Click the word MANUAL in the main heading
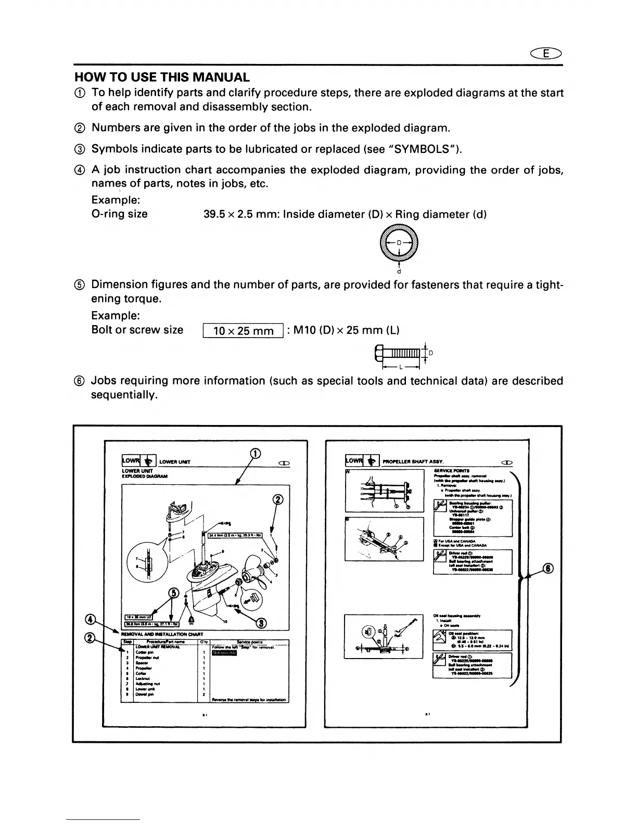coord(221,78)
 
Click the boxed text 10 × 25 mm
coord(243,331)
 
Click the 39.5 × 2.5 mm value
coord(240,214)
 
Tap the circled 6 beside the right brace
coord(549,568)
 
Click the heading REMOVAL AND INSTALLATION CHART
coord(161,634)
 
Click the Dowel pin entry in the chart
coord(142,694)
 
